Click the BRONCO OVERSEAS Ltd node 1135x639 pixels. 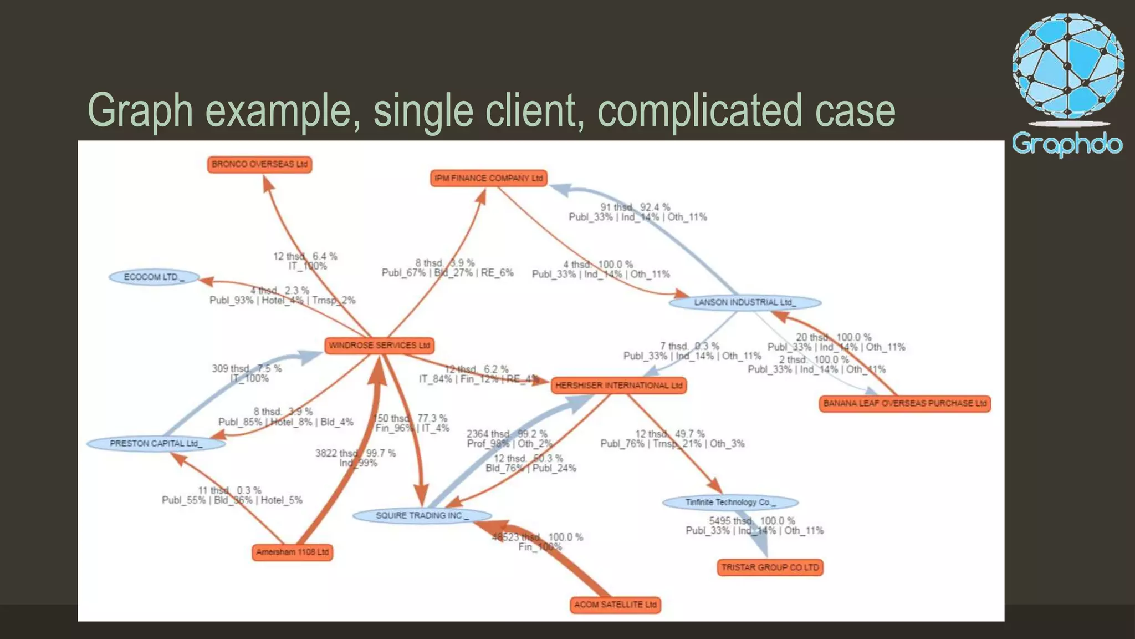point(259,164)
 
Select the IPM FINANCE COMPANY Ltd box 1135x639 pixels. point(488,178)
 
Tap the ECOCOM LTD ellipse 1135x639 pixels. point(154,277)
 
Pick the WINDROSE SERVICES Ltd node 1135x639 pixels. point(379,345)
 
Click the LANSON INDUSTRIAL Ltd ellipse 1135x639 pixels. point(745,302)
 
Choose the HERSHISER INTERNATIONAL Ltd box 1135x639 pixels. point(618,386)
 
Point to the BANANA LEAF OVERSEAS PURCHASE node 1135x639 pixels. point(904,403)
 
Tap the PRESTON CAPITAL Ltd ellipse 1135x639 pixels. point(156,443)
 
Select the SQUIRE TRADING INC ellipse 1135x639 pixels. point(422,515)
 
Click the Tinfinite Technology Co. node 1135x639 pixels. point(730,502)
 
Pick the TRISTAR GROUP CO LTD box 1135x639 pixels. point(770,567)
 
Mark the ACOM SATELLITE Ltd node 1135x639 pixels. point(615,605)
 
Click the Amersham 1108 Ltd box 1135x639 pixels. point(292,552)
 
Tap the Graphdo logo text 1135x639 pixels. point(1067,144)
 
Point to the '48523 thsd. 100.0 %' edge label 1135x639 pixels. point(538,537)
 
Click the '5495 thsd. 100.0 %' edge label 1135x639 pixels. point(751,521)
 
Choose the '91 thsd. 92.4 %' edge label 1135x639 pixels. point(635,207)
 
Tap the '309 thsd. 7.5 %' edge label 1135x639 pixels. point(246,368)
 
